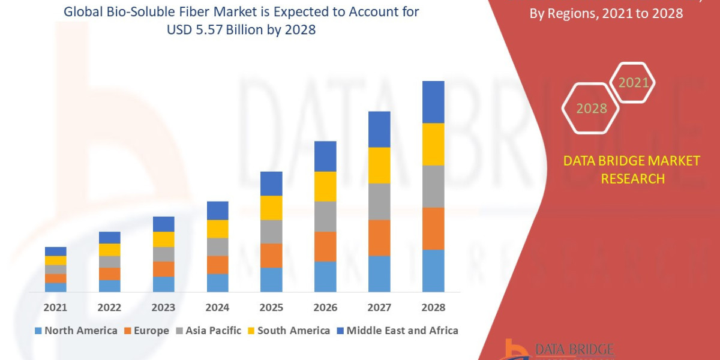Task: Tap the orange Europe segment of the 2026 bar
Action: pyautogui.click(x=325, y=246)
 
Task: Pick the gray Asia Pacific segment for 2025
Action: pyautogui.click(x=271, y=232)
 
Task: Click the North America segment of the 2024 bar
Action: pyautogui.click(x=217, y=283)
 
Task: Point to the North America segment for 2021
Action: pyautogui.click(x=55, y=287)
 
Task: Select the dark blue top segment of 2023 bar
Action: pyautogui.click(x=163, y=224)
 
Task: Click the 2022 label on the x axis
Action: pyautogui.click(x=109, y=307)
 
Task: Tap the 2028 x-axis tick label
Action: pyautogui.click(x=433, y=307)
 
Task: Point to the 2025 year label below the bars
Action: pyautogui.click(x=271, y=307)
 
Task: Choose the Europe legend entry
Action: pyautogui.click(x=147, y=331)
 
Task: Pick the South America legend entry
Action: pyautogui.click(x=289, y=331)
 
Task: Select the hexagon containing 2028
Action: pyautogui.click(x=591, y=109)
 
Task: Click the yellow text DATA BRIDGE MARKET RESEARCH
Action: pyautogui.click(x=632, y=169)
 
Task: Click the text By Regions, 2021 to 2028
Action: pyautogui.click(x=606, y=13)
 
